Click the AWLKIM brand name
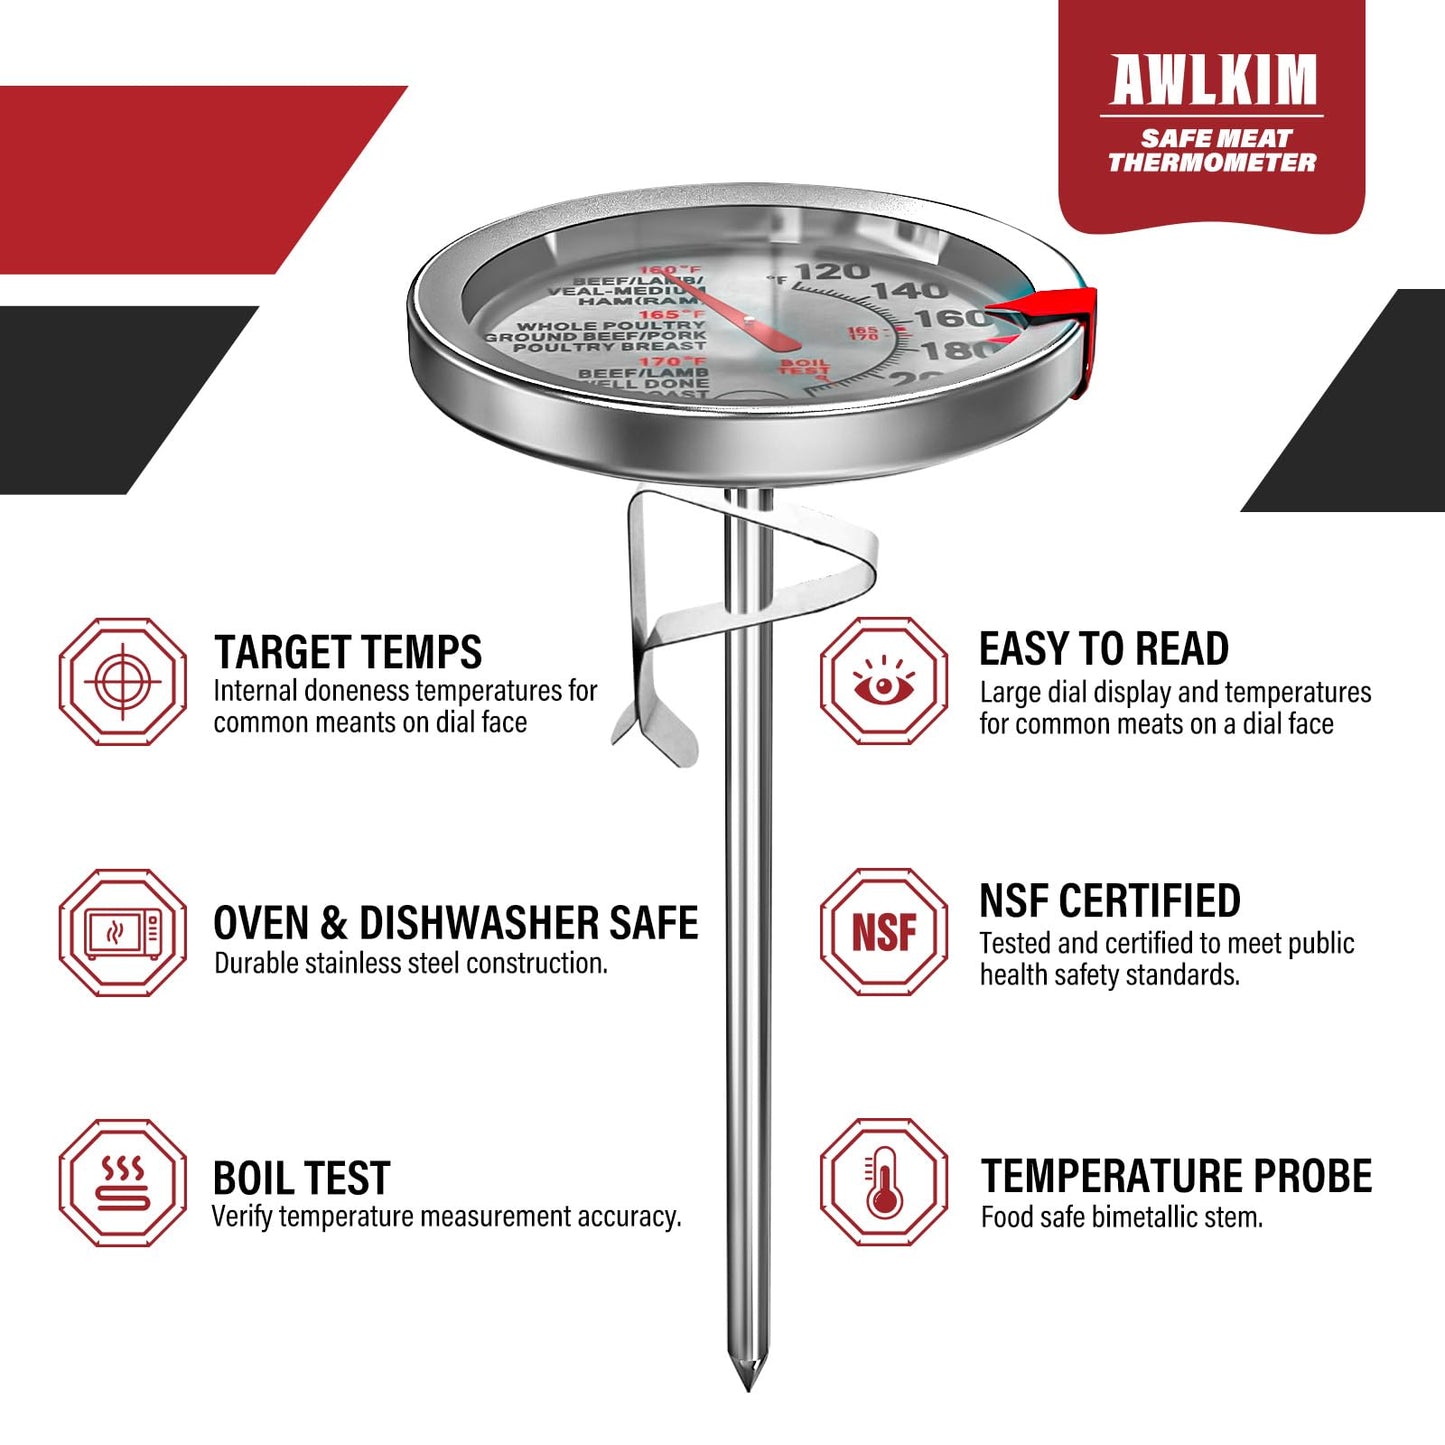pyautogui.click(x=1213, y=80)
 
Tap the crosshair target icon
pyautogui.click(x=122, y=682)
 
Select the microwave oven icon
pyautogui.click(x=122, y=933)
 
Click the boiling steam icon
pyautogui.click(x=122, y=1183)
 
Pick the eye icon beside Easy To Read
pyautogui.click(x=884, y=681)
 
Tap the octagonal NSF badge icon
pyautogui.click(x=884, y=932)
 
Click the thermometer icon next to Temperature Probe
pyautogui.click(x=884, y=1182)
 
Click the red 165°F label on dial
pyautogui.click(x=672, y=314)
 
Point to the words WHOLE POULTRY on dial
pyautogui.click(x=611, y=326)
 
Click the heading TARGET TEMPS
pyautogui.click(x=347, y=652)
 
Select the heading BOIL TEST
pyautogui.click(x=301, y=1178)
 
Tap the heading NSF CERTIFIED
pyautogui.click(x=1109, y=901)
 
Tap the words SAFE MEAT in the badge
pyautogui.click(x=1216, y=138)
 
